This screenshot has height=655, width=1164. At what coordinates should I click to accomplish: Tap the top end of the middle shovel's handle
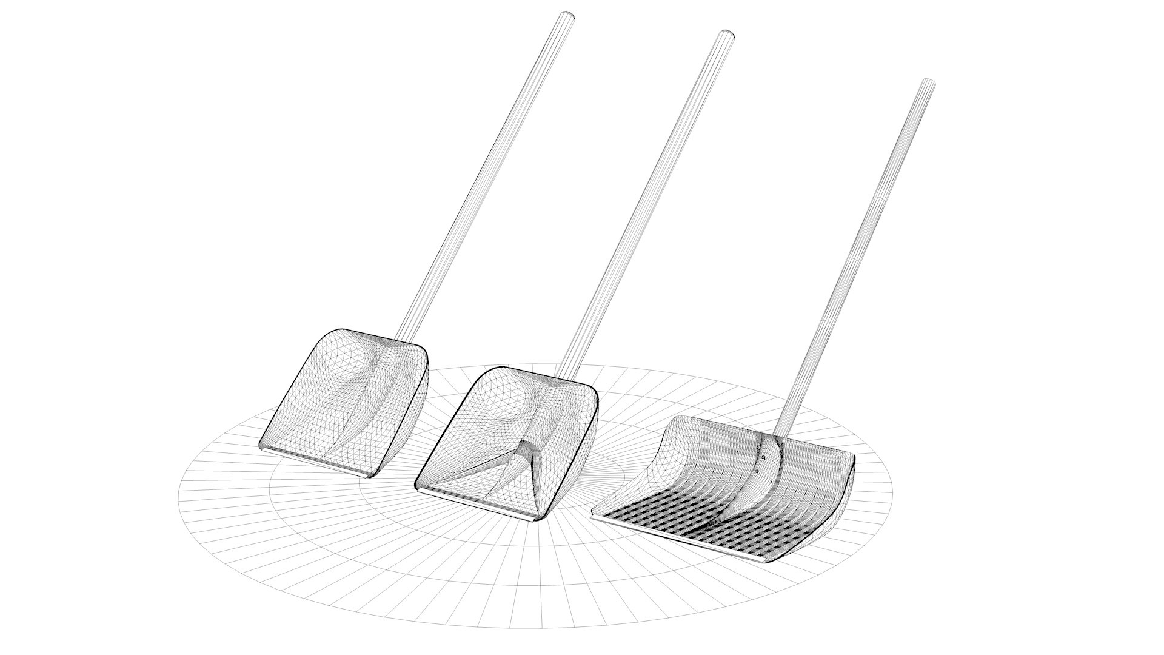click(x=727, y=34)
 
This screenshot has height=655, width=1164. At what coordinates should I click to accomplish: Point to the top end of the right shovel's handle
click(x=928, y=83)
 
